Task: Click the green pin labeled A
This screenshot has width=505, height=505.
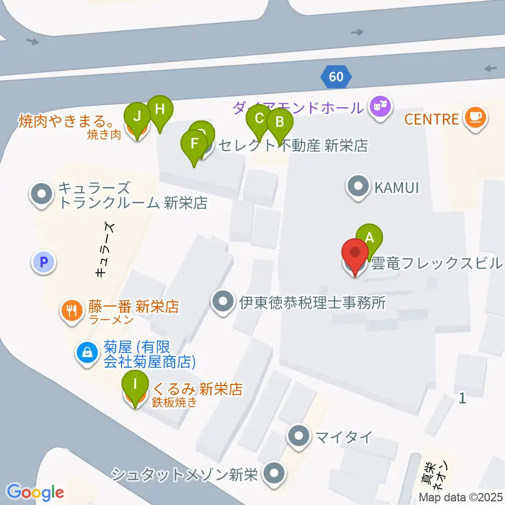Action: click(x=370, y=237)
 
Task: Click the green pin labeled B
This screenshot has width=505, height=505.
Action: click(x=280, y=123)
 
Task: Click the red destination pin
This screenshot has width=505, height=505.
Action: click(x=355, y=252)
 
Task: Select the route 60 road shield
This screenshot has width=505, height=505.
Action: click(x=336, y=77)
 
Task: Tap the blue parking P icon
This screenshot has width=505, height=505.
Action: click(x=44, y=261)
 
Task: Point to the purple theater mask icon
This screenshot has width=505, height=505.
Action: click(x=381, y=107)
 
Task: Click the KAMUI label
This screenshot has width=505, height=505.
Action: click(x=397, y=186)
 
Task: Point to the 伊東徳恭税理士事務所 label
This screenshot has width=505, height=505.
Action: click(x=314, y=302)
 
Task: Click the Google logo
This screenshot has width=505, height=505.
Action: click(x=35, y=492)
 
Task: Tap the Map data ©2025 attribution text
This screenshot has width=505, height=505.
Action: click(x=461, y=497)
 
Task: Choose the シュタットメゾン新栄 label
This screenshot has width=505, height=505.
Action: click(x=184, y=475)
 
